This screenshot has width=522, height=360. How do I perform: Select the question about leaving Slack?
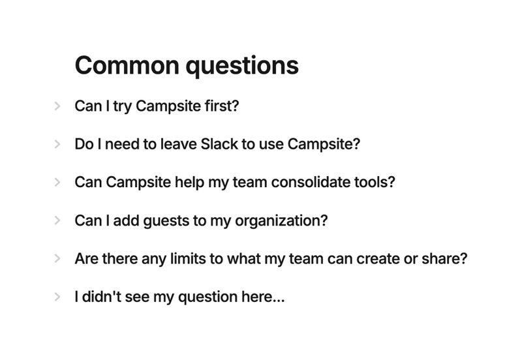(x=217, y=143)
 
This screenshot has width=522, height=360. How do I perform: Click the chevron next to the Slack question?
(x=57, y=143)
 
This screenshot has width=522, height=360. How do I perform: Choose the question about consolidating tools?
(x=235, y=182)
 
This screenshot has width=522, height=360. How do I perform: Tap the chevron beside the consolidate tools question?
(x=57, y=182)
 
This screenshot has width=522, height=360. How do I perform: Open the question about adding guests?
(x=201, y=220)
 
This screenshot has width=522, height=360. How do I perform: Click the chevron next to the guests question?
(x=57, y=220)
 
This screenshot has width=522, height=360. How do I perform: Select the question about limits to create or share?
(x=271, y=259)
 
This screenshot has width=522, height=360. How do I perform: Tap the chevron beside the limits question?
(x=57, y=259)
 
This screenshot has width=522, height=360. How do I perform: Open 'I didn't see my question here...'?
(x=179, y=297)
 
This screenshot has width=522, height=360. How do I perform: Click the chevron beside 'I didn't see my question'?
(x=57, y=297)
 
